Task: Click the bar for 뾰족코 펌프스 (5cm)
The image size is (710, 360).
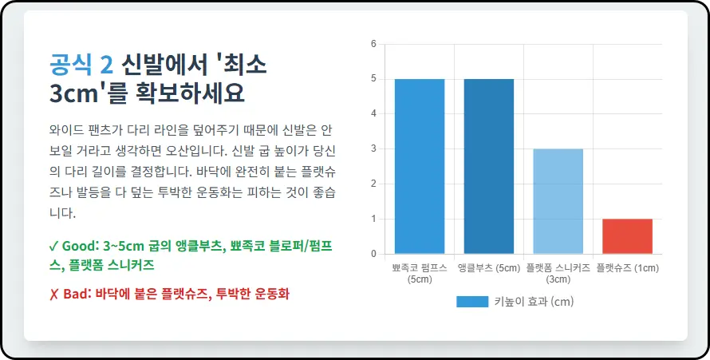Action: pos(420,166)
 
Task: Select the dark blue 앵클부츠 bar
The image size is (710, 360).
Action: pos(489,166)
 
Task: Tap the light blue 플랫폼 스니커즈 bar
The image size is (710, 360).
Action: pos(558,201)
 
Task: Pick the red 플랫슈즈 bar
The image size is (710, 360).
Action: pos(627,236)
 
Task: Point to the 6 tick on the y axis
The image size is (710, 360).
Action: pos(373,44)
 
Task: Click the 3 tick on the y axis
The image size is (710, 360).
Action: pos(373,149)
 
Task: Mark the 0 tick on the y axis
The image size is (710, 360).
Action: pos(373,255)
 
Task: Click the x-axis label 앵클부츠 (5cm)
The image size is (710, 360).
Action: pos(489,268)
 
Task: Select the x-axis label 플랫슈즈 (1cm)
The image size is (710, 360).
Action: pos(627,268)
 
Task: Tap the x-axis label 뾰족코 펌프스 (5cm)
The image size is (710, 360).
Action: pos(420,273)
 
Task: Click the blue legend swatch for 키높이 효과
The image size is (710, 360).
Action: pos(471,302)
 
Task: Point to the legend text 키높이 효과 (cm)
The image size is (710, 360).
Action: pos(534,302)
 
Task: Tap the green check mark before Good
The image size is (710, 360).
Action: pos(53,245)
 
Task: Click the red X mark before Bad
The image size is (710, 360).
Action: pos(53,294)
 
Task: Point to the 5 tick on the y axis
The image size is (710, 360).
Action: pos(373,79)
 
